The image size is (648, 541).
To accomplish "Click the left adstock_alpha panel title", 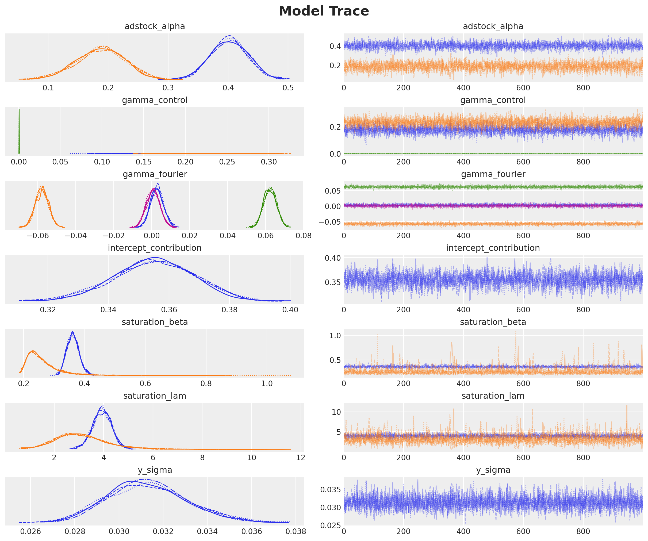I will click(155, 26).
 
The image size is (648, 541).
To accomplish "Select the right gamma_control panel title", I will click(493, 100).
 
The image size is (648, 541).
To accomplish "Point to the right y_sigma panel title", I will click(493, 470).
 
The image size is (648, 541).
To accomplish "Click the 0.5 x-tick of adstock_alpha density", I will click(288, 88).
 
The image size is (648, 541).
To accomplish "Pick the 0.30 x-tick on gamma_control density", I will click(269, 162).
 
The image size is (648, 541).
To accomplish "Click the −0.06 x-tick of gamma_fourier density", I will click(38, 236).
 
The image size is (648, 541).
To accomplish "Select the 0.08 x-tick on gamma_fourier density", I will click(303, 236).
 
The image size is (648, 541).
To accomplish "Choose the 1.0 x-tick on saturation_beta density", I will click(267, 383).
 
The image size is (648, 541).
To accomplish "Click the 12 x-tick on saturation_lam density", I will click(301, 457).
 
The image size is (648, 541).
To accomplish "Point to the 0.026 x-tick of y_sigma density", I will click(30, 531).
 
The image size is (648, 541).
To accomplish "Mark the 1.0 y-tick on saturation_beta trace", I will click(335, 335).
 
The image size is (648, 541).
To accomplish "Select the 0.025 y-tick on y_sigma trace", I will click(330, 525).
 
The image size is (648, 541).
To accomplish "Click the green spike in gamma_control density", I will click(19, 131).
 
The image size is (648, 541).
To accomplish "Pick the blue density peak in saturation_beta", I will click(72, 333).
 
